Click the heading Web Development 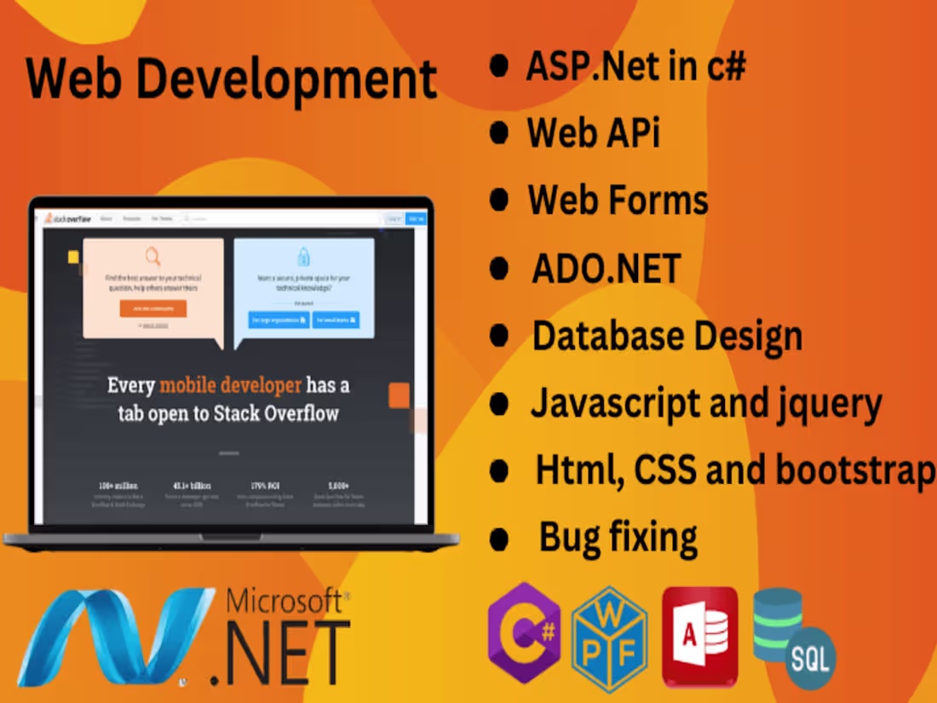click(231, 79)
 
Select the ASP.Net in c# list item click(635, 66)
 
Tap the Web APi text click(593, 133)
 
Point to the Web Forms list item click(618, 200)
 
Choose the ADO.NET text click(606, 268)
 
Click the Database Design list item click(667, 336)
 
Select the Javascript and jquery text click(706, 403)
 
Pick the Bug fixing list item click(618, 538)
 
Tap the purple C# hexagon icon click(523, 633)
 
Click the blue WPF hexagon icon click(609, 637)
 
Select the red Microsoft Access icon click(699, 636)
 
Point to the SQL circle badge click(810, 658)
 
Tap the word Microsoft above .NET click(287, 602)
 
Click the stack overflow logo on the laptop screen click(67, 218)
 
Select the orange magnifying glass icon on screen click(152, 256)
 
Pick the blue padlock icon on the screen click(303, 256)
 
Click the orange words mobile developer click(230, 385)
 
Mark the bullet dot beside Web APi click(499, 133)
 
